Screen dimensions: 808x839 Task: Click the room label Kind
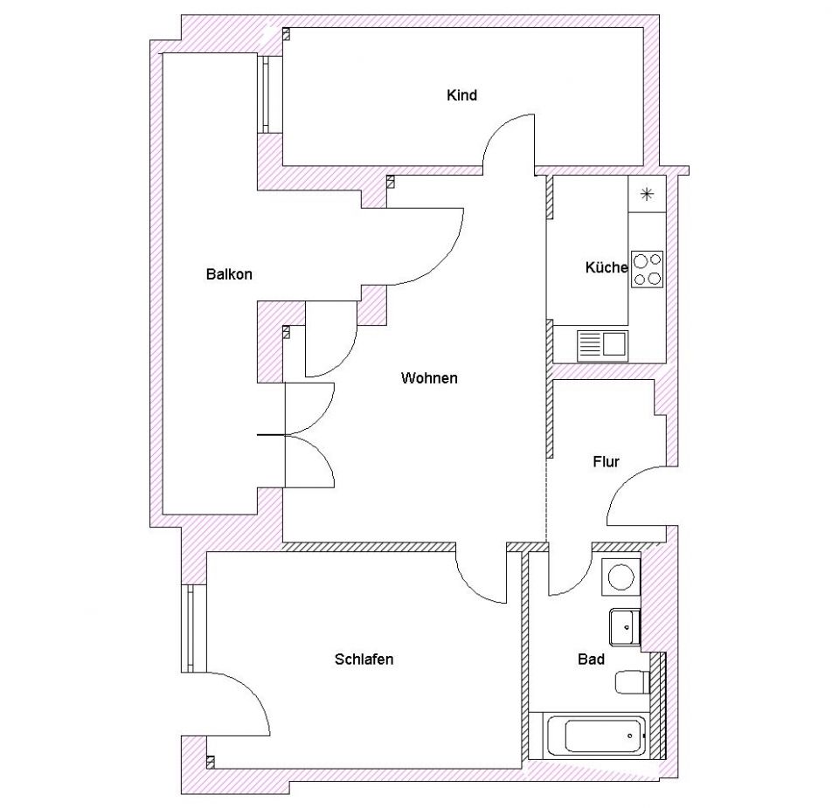(x=461, y=95)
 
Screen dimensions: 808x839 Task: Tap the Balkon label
(x=229, y=274)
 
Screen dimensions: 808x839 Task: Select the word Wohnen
(x=429, y=378)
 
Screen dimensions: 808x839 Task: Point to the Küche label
(x=606, y=267)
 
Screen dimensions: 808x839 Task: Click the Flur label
(x=606, y=461)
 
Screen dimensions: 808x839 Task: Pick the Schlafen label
(x=364, y=659)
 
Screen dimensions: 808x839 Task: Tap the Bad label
(x=592, y=660)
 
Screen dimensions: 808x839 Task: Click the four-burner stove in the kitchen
(x=647, y=269)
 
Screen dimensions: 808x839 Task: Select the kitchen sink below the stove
(x=602, y=345)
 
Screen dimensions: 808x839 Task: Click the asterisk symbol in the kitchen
(x=647, y=194)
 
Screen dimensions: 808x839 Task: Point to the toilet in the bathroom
(x=629, y=681)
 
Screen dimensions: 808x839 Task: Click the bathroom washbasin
(x=623, y=625)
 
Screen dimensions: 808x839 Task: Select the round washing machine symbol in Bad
(x=621, y=577)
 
